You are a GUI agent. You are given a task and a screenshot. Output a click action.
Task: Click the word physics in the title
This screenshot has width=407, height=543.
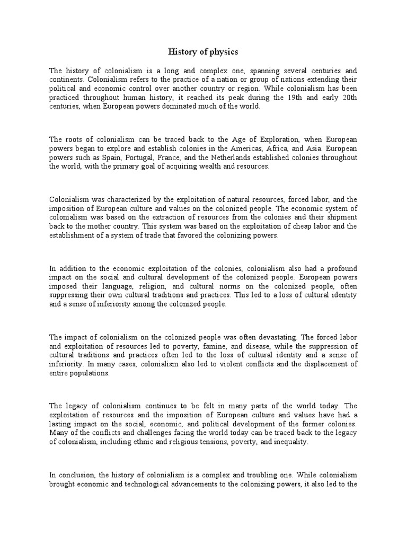click(225, 51)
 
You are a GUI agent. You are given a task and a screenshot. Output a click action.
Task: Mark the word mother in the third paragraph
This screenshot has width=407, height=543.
click(90, 226)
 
